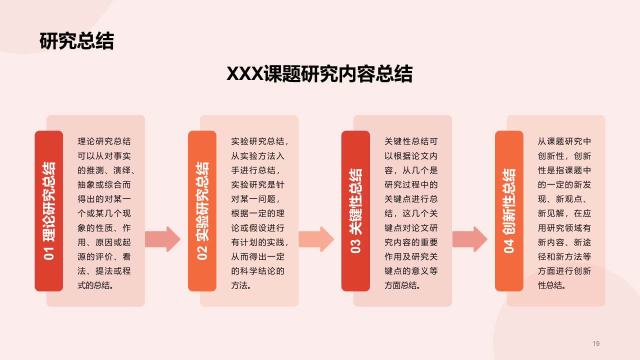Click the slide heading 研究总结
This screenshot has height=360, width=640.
click(76, 41)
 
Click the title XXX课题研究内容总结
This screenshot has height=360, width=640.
click(319, 74)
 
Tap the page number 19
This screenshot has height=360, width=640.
click(596, 343)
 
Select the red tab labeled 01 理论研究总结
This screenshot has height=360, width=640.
click(48, 210)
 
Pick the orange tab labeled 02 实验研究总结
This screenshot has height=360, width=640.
click(202, 210)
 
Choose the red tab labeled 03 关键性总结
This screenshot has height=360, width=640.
click(355, 210)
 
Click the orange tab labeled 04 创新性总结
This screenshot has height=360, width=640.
click(509, 210)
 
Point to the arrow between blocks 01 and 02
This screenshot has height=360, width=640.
click(162, 239)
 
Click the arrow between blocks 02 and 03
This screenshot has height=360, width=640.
click(316, 239)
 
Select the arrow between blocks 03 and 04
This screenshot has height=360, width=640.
click(469, 239)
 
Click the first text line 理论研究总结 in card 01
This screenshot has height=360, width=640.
click(104, 141)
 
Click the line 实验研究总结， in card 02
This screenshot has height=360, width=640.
click(259, 141)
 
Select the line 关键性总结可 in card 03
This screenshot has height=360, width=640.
click(411, 141)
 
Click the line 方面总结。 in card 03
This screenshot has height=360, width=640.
click(402, 286)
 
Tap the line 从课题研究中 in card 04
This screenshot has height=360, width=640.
click(564, 141)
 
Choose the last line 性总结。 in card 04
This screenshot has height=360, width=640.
click(552, 286)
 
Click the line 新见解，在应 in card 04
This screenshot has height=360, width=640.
click(564, 213)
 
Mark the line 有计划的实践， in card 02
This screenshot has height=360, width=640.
click(259, 242)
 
